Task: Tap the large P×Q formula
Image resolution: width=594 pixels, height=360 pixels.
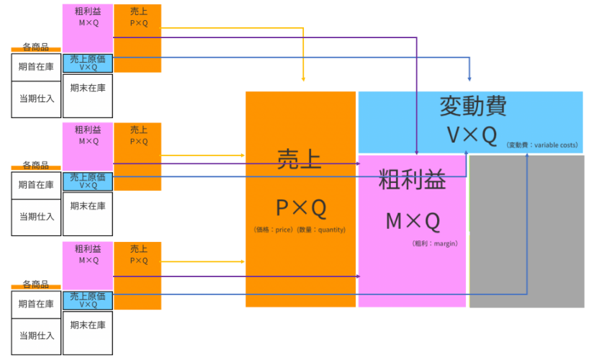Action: click(x=300, y=208)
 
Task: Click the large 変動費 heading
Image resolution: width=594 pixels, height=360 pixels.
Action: click(x=472, y=107)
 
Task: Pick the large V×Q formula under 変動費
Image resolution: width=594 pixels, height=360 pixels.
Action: click(x=471, y=135)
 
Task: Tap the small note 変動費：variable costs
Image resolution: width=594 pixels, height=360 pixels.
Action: click(x=541, y=145)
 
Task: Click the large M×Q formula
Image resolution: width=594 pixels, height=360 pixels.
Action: click(x=412, y=221)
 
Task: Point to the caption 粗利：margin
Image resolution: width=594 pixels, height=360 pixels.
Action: click(x=435, y=244)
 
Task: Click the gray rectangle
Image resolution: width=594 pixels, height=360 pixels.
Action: click(x=526, y=231)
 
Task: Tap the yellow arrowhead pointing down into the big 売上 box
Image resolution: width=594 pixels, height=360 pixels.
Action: click(x=304, y=78)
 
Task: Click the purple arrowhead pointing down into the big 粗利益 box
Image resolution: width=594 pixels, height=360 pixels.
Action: click(x=418, y=151)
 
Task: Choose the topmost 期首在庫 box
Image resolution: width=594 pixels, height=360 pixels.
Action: click(x=36, y=67)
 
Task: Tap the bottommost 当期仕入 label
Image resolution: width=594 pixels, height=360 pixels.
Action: click(x=36, y=336)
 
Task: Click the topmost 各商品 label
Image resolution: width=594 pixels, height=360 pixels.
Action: click(x=35, y=47)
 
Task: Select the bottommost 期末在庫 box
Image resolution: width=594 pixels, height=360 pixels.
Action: click(x=88, y=325)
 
